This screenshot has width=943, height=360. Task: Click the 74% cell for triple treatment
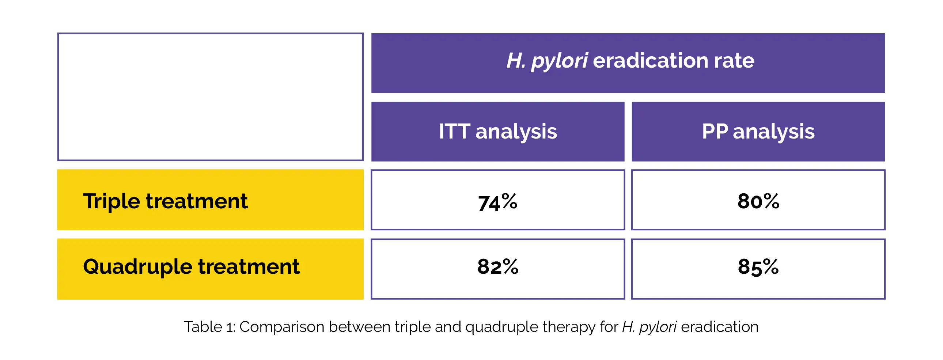(497, 200)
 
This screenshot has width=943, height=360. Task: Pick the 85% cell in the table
(758, 269)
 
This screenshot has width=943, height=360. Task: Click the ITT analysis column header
(497, 132)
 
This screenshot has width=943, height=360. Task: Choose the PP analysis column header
(758, 132)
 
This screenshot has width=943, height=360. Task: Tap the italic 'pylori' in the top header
(560, 61)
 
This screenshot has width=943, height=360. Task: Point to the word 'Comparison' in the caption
(282, 327)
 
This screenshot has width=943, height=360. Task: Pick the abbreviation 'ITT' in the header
(454, 131)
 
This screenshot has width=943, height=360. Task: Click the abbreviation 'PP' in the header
(715, 131)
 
